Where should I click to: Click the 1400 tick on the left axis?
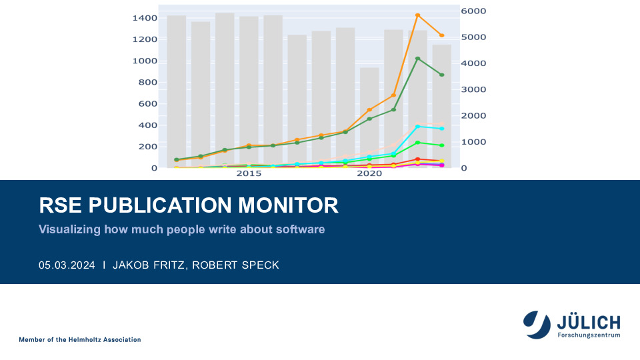pos(145,18)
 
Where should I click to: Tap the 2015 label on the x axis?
pos(249,174)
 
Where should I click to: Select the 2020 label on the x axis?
pos(369,174)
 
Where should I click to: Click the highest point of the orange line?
pos(417,15)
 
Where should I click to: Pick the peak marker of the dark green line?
pos(417,59)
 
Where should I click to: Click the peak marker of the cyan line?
pos(417,127)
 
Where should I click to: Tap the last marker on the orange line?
pos(441,35)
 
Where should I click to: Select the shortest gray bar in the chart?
pos(369,117)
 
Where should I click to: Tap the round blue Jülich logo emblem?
pos(536,324)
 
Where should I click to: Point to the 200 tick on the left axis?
pos(148,147)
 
